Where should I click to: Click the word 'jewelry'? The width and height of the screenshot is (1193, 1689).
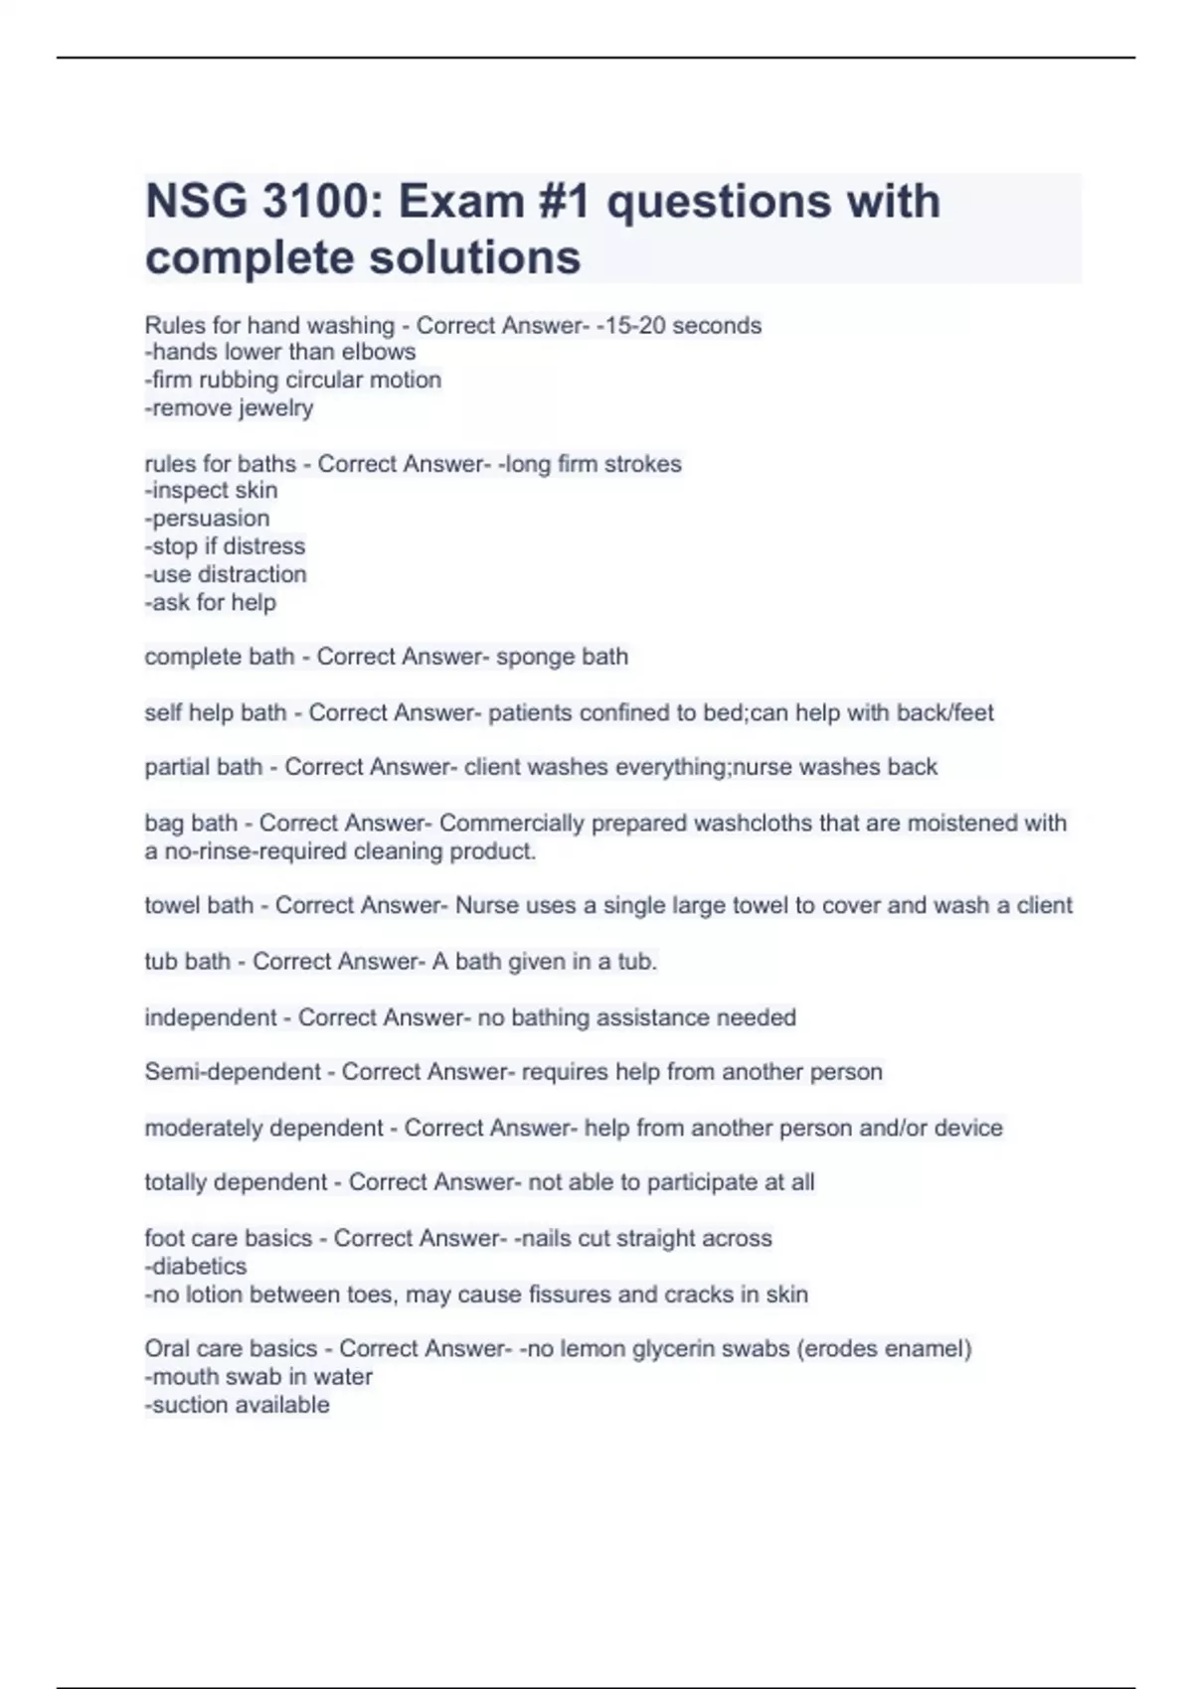[x=275, y=408]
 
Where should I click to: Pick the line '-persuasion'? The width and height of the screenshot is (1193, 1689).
[x=208, y=519]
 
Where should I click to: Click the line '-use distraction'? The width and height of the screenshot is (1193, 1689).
[x=226, y=574]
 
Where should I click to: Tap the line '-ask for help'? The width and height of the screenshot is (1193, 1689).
[x=211, y=603]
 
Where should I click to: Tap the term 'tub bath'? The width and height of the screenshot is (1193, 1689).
[x=187, y=962]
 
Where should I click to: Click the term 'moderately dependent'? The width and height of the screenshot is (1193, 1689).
[x=263, y=1129]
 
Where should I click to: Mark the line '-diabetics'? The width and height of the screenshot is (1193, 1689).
[x=196, y=1267]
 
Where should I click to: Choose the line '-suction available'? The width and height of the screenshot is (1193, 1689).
[x=238, y=1405]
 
